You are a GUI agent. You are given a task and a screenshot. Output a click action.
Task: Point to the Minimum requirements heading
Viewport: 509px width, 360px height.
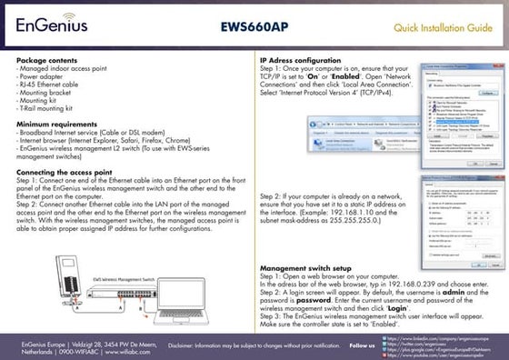56,121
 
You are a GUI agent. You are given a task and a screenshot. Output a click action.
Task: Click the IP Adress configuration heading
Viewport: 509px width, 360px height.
301,59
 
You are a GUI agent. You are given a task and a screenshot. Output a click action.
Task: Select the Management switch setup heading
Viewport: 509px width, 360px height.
306,269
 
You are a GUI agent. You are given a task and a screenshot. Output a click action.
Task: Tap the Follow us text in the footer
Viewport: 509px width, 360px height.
362,345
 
